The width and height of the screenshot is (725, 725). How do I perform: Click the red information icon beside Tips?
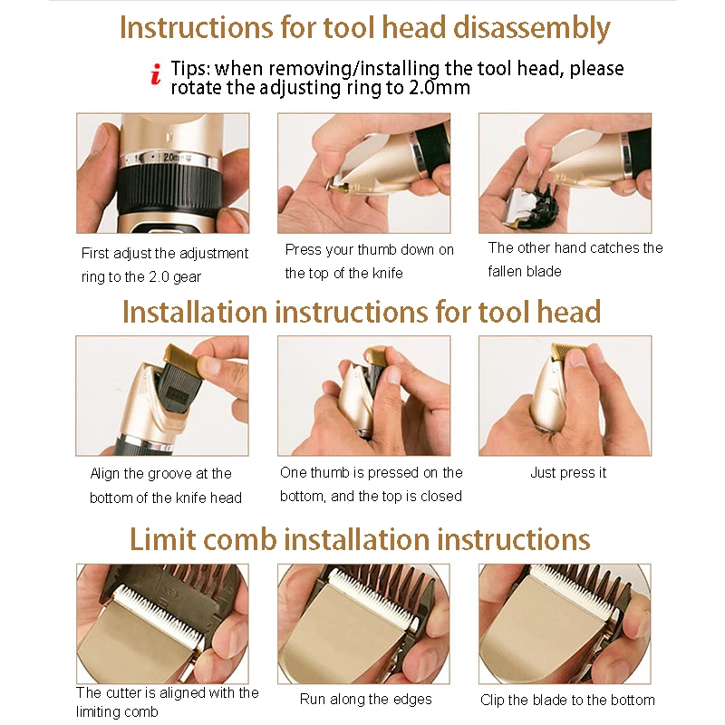156,74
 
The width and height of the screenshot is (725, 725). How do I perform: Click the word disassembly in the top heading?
531,28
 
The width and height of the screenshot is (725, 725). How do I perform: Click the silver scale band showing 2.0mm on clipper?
169,158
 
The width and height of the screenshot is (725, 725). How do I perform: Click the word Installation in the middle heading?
195,312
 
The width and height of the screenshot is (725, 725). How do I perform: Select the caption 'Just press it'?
568,472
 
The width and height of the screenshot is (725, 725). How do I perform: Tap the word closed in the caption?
441,496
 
